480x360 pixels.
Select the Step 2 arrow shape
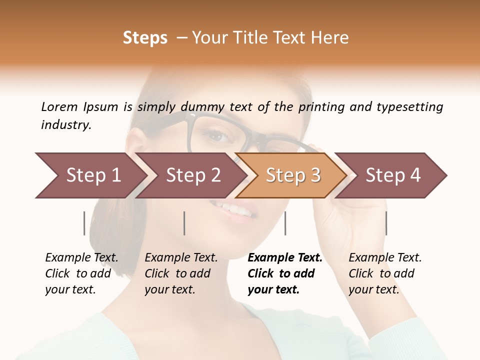pyautogui.click(x=192, y=175)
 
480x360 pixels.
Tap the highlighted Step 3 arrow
pyautogui.click(x=292, y=175)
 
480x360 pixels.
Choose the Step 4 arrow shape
pyautogui.click(x=393, y=175)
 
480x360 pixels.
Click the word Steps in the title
pyautogui.click(x=145, y=38)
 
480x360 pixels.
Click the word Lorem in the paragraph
pyautogui.click(x=59, y=106)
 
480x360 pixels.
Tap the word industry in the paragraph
pyautogui.click(x=65, y=125)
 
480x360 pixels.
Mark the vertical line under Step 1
pyautogui.click(x=84, y=223)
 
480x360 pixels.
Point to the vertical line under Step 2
pyautogui.click(x=184, y=223)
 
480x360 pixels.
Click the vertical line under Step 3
pyautogui.click(x=285, y=223)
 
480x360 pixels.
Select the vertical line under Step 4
pyautogui.click(x=386, y=223)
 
